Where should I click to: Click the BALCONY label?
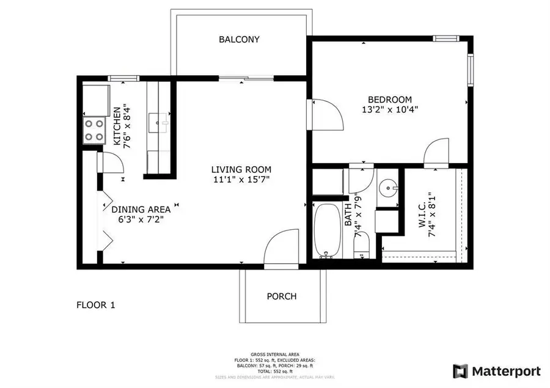(239, 40)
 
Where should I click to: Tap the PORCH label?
(282, 296)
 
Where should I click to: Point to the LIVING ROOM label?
(241, 169)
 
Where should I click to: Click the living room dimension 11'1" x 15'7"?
(241, 180)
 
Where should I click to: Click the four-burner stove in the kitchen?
(94, 130)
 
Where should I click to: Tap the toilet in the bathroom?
(361, 248)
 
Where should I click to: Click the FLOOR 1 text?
(95, 304)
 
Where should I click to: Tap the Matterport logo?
(496, 371)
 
